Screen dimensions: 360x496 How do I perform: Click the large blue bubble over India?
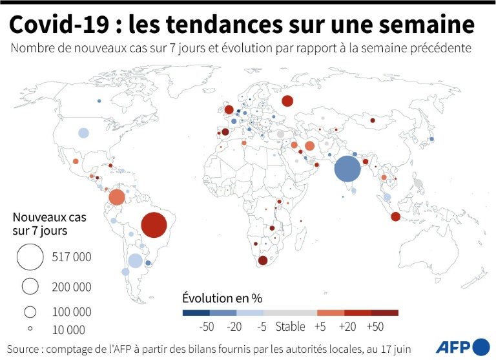click(347, 169)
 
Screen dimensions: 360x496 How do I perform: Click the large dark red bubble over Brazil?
click(154, 226)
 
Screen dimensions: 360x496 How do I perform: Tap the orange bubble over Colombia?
click(117, 197)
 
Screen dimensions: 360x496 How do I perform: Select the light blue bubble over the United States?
click(83, 133)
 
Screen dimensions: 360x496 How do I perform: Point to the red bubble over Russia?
click(287, 101)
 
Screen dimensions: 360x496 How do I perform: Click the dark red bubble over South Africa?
click(263, 260)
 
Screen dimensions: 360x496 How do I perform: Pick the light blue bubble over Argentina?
click(135, 261)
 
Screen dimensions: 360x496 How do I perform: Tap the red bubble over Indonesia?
click(395, 217)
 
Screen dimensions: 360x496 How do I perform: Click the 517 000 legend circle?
click(29, 257)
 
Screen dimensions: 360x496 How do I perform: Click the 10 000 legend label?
click(68, 330)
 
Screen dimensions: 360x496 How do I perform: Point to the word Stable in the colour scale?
click(291, 327)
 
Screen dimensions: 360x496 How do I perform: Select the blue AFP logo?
click(463, 346)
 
